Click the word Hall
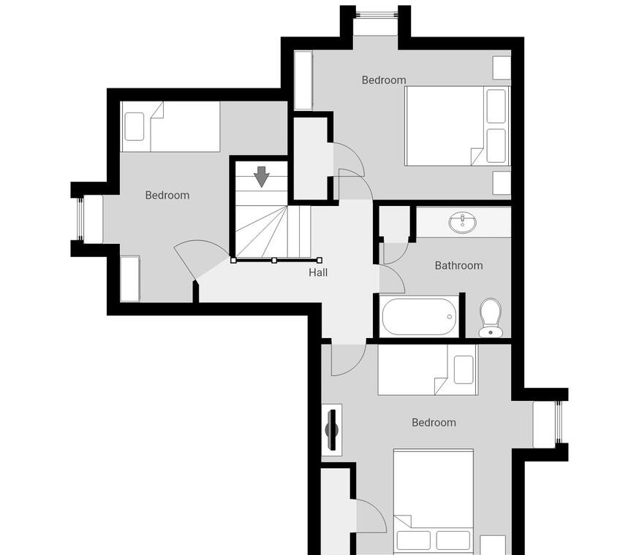tap(318, 272)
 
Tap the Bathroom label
tap(459, 266)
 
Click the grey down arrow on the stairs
tap(262, 177)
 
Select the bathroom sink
tap(464, 223)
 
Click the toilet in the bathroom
tap(491, 318)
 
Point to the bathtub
tap(419, 317)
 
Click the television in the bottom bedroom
tap(332, 429)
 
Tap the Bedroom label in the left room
tap(167, 196)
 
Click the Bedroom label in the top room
tap(384, 80)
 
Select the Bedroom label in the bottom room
tap(434, 423)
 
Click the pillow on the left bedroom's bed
tap(134, 126)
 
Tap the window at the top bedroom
tap(376, 14)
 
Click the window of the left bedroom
tap(80, 218)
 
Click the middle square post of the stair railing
tap(274, 260)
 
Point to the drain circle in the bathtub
tap(450, 316)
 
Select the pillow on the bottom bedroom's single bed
tap(464, 370)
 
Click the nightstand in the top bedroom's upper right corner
tap(502, 68)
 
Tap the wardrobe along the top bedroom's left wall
tap(303, 80)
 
